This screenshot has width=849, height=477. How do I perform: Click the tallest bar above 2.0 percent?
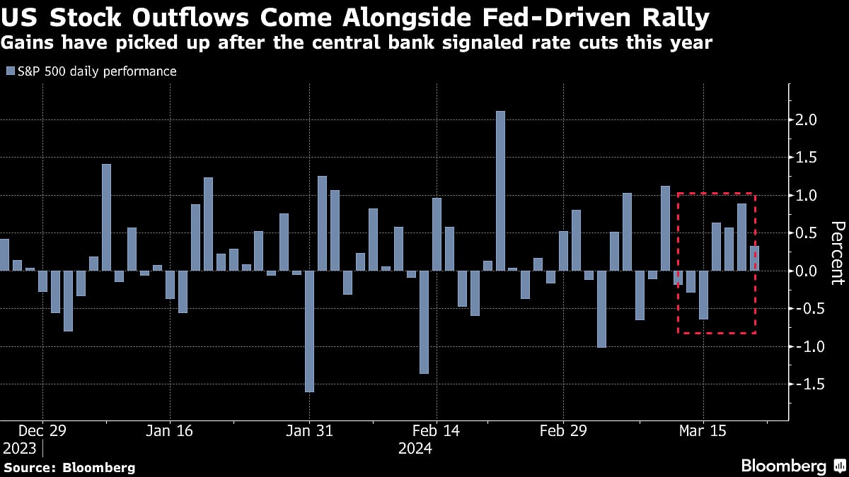click(500, 190)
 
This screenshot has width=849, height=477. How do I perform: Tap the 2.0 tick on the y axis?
click(807, 120)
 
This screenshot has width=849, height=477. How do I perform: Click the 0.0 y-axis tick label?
click(807, 271)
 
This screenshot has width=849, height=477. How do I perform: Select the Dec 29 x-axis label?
click(42, 430)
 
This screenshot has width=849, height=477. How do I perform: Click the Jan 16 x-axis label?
click(169, 430)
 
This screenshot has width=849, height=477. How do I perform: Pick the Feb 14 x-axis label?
click(437, 430)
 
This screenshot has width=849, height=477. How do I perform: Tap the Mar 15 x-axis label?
click(703, 430)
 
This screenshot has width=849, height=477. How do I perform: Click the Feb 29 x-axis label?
click(563, 430)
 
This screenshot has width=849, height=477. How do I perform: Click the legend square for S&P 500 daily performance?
click(9, 71)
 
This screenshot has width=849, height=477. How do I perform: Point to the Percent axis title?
click(837, 252)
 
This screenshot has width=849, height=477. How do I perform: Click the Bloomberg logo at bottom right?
click(792, 466)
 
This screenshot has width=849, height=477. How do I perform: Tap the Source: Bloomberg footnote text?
click(69, 467)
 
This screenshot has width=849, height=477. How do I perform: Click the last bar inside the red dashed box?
click(754, 258)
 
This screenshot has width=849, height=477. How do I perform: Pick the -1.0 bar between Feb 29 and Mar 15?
click(601, 309)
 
